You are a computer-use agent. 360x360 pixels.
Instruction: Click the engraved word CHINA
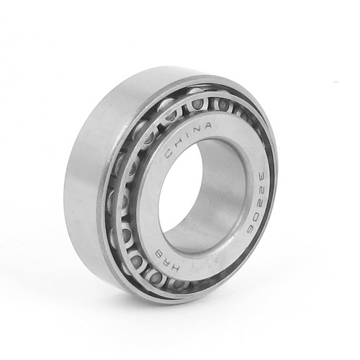click(188, 139)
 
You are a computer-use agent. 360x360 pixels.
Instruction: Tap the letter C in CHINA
click(169, 153)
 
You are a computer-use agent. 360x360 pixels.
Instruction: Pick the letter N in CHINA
click(196, 130)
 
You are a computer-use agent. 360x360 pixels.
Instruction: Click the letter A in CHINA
click(207, 126)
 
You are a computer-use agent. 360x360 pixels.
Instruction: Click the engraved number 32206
click(253, 201)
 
